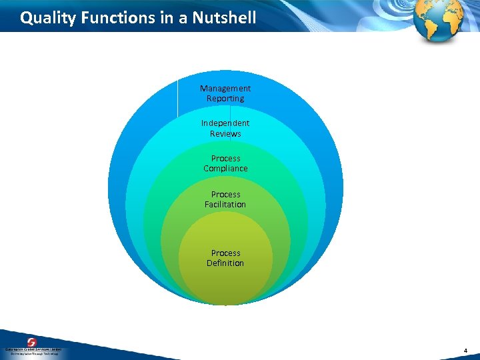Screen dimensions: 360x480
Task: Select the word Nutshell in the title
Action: tap(224, 18)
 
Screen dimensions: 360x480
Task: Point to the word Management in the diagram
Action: tap(225, 88)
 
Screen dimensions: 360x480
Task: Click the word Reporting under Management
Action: tap(225, 99)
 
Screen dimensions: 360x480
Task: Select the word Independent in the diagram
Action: tap(225, 123)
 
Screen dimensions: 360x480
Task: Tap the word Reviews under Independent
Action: tap(225, 134)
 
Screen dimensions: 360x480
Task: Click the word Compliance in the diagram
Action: tap(225, 169)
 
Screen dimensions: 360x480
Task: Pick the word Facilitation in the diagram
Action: tap(225, 205)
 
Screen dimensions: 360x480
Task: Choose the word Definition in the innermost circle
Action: tap(225, 263)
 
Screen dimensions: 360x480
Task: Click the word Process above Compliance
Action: tap(225, 159)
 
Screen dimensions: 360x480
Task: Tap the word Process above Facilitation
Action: tap(225, 195)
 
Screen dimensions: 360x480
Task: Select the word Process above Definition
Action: tap(225, 253)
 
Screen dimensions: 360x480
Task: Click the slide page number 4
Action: tap(466, 350)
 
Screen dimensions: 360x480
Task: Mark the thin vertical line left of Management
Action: tap(177, 97)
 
